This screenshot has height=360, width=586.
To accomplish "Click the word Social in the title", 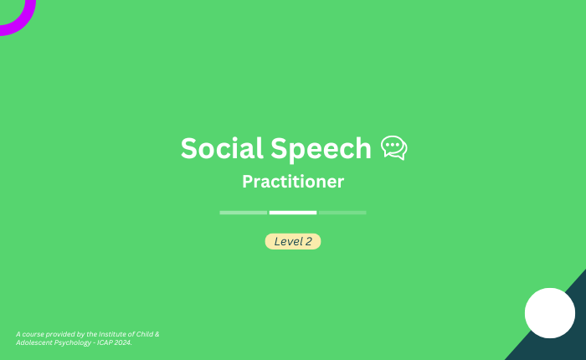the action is coord(222,148).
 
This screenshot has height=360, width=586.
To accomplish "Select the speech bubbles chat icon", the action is coord(394,147).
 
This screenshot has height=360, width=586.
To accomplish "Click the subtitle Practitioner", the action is coord(293,182).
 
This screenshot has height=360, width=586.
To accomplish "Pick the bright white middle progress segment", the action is coord(293,213).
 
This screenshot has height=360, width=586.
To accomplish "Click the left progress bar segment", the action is coord(244,213).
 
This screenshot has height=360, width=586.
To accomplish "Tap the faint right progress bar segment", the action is coord(342,213).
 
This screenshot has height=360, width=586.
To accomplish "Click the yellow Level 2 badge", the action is coord(293,241).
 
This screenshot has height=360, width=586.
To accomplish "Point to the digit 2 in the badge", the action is coord(308,241).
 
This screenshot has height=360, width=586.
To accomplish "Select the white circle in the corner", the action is coord(550,313).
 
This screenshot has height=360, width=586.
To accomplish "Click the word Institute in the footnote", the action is coord(111,334).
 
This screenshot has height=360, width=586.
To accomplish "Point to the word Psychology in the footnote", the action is coord(73,342).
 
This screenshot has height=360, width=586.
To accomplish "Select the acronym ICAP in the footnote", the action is coord(105,342).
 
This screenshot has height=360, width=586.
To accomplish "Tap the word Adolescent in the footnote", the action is coord(34,342).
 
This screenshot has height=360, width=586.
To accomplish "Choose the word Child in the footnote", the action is coord(144,334).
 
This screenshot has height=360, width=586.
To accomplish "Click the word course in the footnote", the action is coord(33,335).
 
